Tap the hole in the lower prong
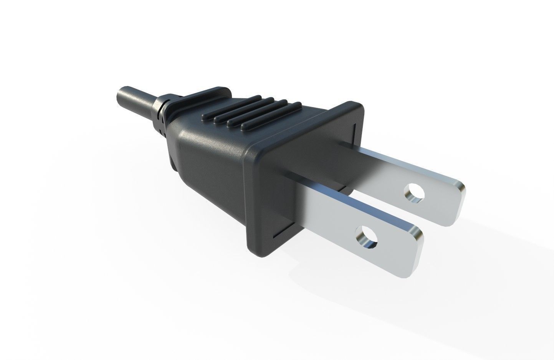pyautogui.click(x=367, y=237)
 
